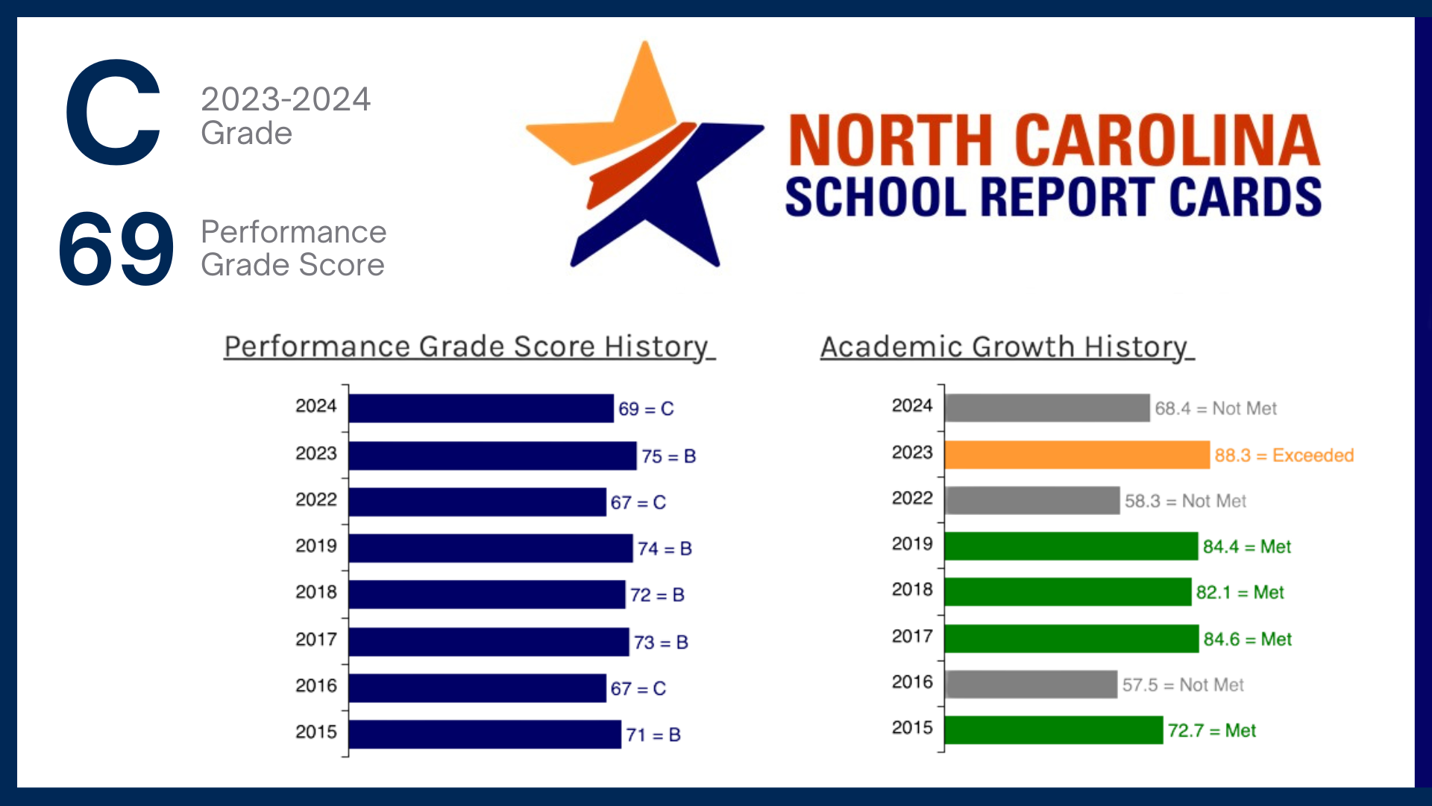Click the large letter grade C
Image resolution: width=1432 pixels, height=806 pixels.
[113, 113]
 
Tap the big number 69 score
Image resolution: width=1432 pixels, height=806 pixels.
[116, 249]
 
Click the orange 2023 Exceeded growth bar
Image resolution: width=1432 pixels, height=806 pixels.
[1076, 454]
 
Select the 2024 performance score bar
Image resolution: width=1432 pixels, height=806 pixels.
[481, 408]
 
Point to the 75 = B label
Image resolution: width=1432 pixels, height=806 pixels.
[668, 456]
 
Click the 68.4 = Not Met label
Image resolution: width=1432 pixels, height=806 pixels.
[1215, 408]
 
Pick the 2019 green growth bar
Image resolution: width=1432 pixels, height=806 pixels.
[1071, 546]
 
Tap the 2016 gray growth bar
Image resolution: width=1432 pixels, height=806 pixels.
[1031, 684]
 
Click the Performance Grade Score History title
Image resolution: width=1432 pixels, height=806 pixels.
[469, 347]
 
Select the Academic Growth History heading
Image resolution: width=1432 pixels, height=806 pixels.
[1007, 347]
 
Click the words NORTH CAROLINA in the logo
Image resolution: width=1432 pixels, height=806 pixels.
[1054, 140]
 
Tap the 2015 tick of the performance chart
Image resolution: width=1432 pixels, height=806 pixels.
[316, 732]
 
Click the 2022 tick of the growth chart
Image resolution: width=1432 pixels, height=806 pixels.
[912, 499]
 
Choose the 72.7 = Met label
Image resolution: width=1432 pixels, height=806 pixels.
[1211, 731]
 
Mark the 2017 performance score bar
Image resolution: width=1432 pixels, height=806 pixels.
[489, 642]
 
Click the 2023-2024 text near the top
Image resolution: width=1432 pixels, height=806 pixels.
[286, 99]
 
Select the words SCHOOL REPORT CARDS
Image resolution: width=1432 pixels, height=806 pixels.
[1053, 197]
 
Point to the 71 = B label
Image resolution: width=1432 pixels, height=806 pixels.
[653, 735]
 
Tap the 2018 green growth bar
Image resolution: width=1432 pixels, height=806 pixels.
[1067, 592]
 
